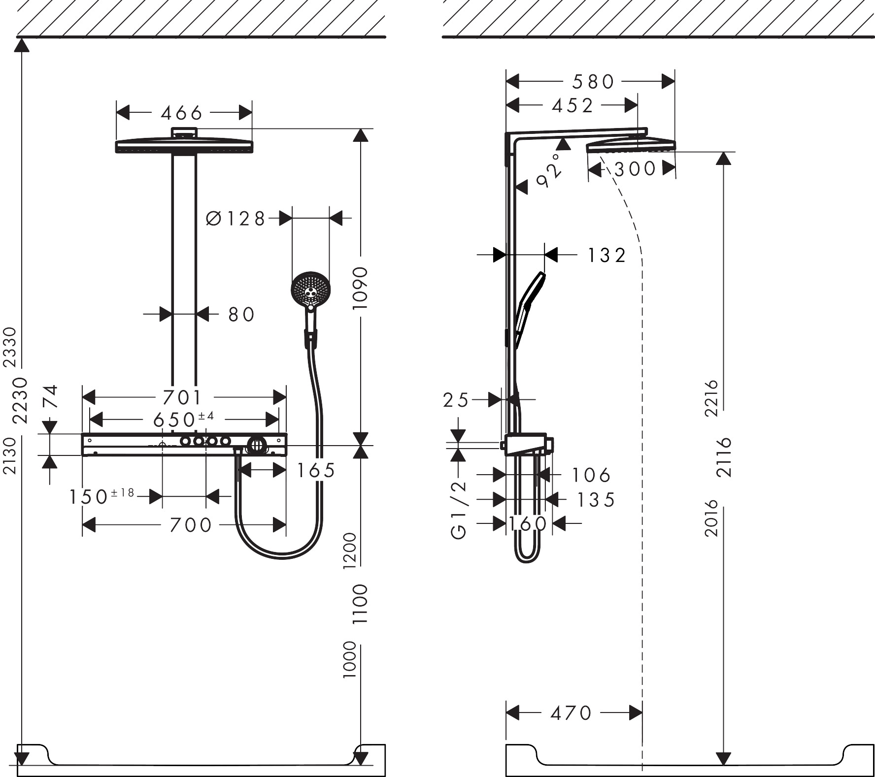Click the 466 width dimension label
(x=181, y=114)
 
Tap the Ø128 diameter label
(x=236, y=219)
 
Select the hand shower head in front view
(x=310, y=291)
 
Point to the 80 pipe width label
(x=241, y=315)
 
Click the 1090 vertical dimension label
(x=361, y=288)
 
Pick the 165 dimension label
(x=315, y=471)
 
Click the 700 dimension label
(x=191, y=525)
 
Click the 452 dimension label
(x=572, y=105)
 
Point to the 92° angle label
(x=549, y=170)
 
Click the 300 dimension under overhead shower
(x=635, y=169)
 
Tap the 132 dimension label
(x=606, y=256)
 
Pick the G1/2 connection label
(x=459, y=510)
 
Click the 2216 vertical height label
(x=712, y=398)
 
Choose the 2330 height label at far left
(x=10, y=347)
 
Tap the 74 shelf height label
(x=51, y=397)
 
